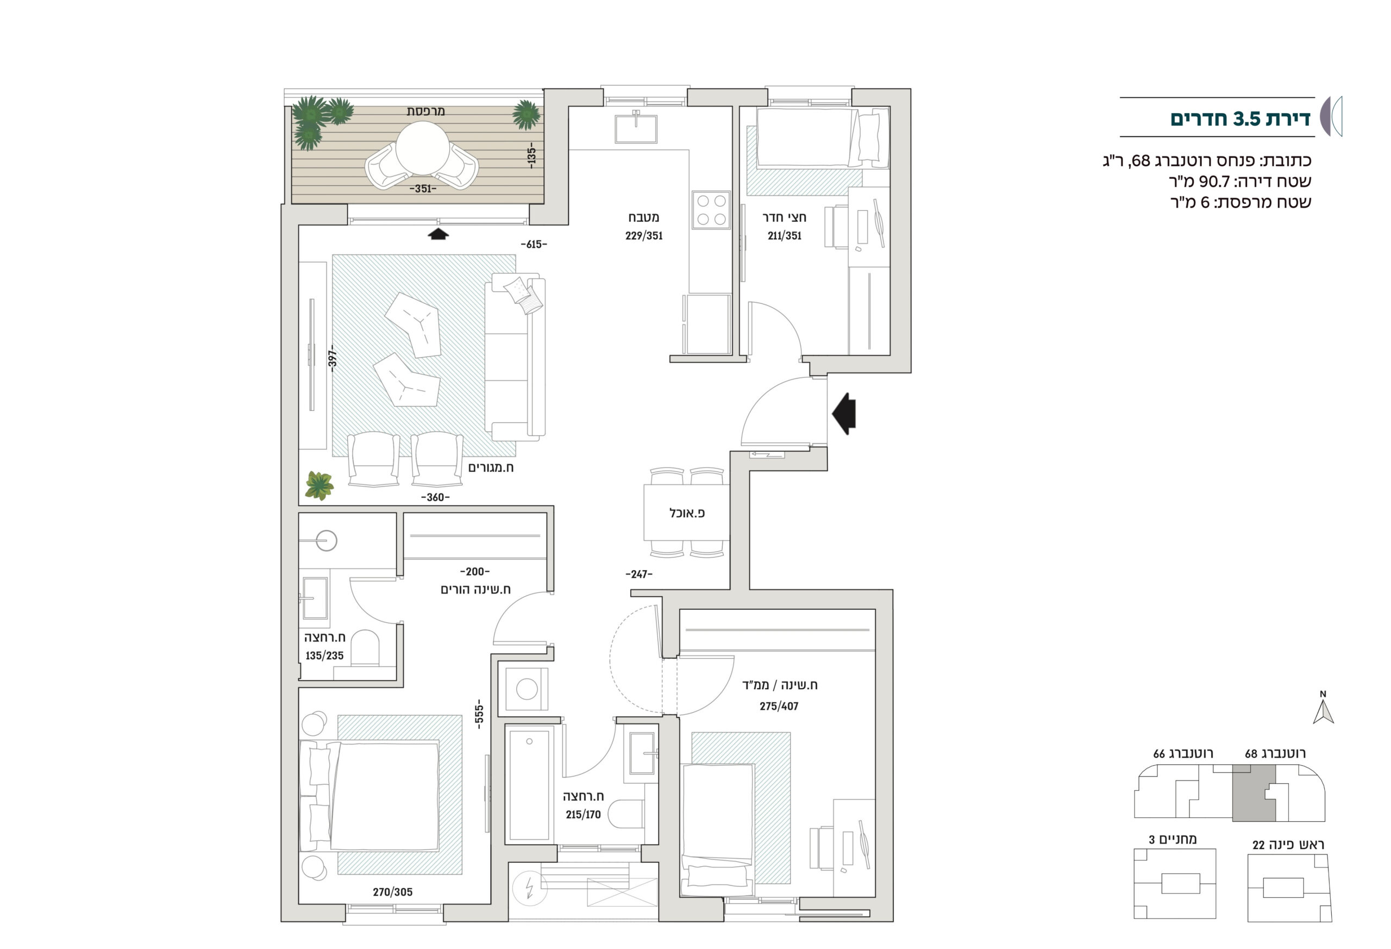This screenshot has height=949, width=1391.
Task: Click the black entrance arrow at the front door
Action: coord(844,414)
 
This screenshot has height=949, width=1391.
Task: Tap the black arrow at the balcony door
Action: coord(438,234)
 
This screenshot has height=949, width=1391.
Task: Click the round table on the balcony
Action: coord(422,148)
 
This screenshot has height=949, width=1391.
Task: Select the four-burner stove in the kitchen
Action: coord(711,210)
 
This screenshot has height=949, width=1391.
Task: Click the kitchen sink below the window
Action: coord(636,128)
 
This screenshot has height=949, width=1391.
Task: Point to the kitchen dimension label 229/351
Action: coord(644,236)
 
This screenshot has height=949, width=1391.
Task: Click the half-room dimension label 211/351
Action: coord(784,236)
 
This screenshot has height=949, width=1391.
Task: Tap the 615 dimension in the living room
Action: coord(534,244)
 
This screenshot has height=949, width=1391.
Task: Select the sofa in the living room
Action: coord(515,357)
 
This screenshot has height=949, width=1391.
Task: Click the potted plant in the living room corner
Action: coord(319,485)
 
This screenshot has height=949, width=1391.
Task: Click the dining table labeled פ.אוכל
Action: coord(686,513)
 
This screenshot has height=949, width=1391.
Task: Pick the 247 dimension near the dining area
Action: coord(638,574)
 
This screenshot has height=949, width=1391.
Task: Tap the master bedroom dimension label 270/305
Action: coord(393,891)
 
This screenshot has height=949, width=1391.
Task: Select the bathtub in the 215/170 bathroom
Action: coord(529,784)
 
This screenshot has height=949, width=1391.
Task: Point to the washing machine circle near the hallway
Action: coord(527,689)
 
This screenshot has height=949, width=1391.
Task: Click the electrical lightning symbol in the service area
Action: coord(530,888)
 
